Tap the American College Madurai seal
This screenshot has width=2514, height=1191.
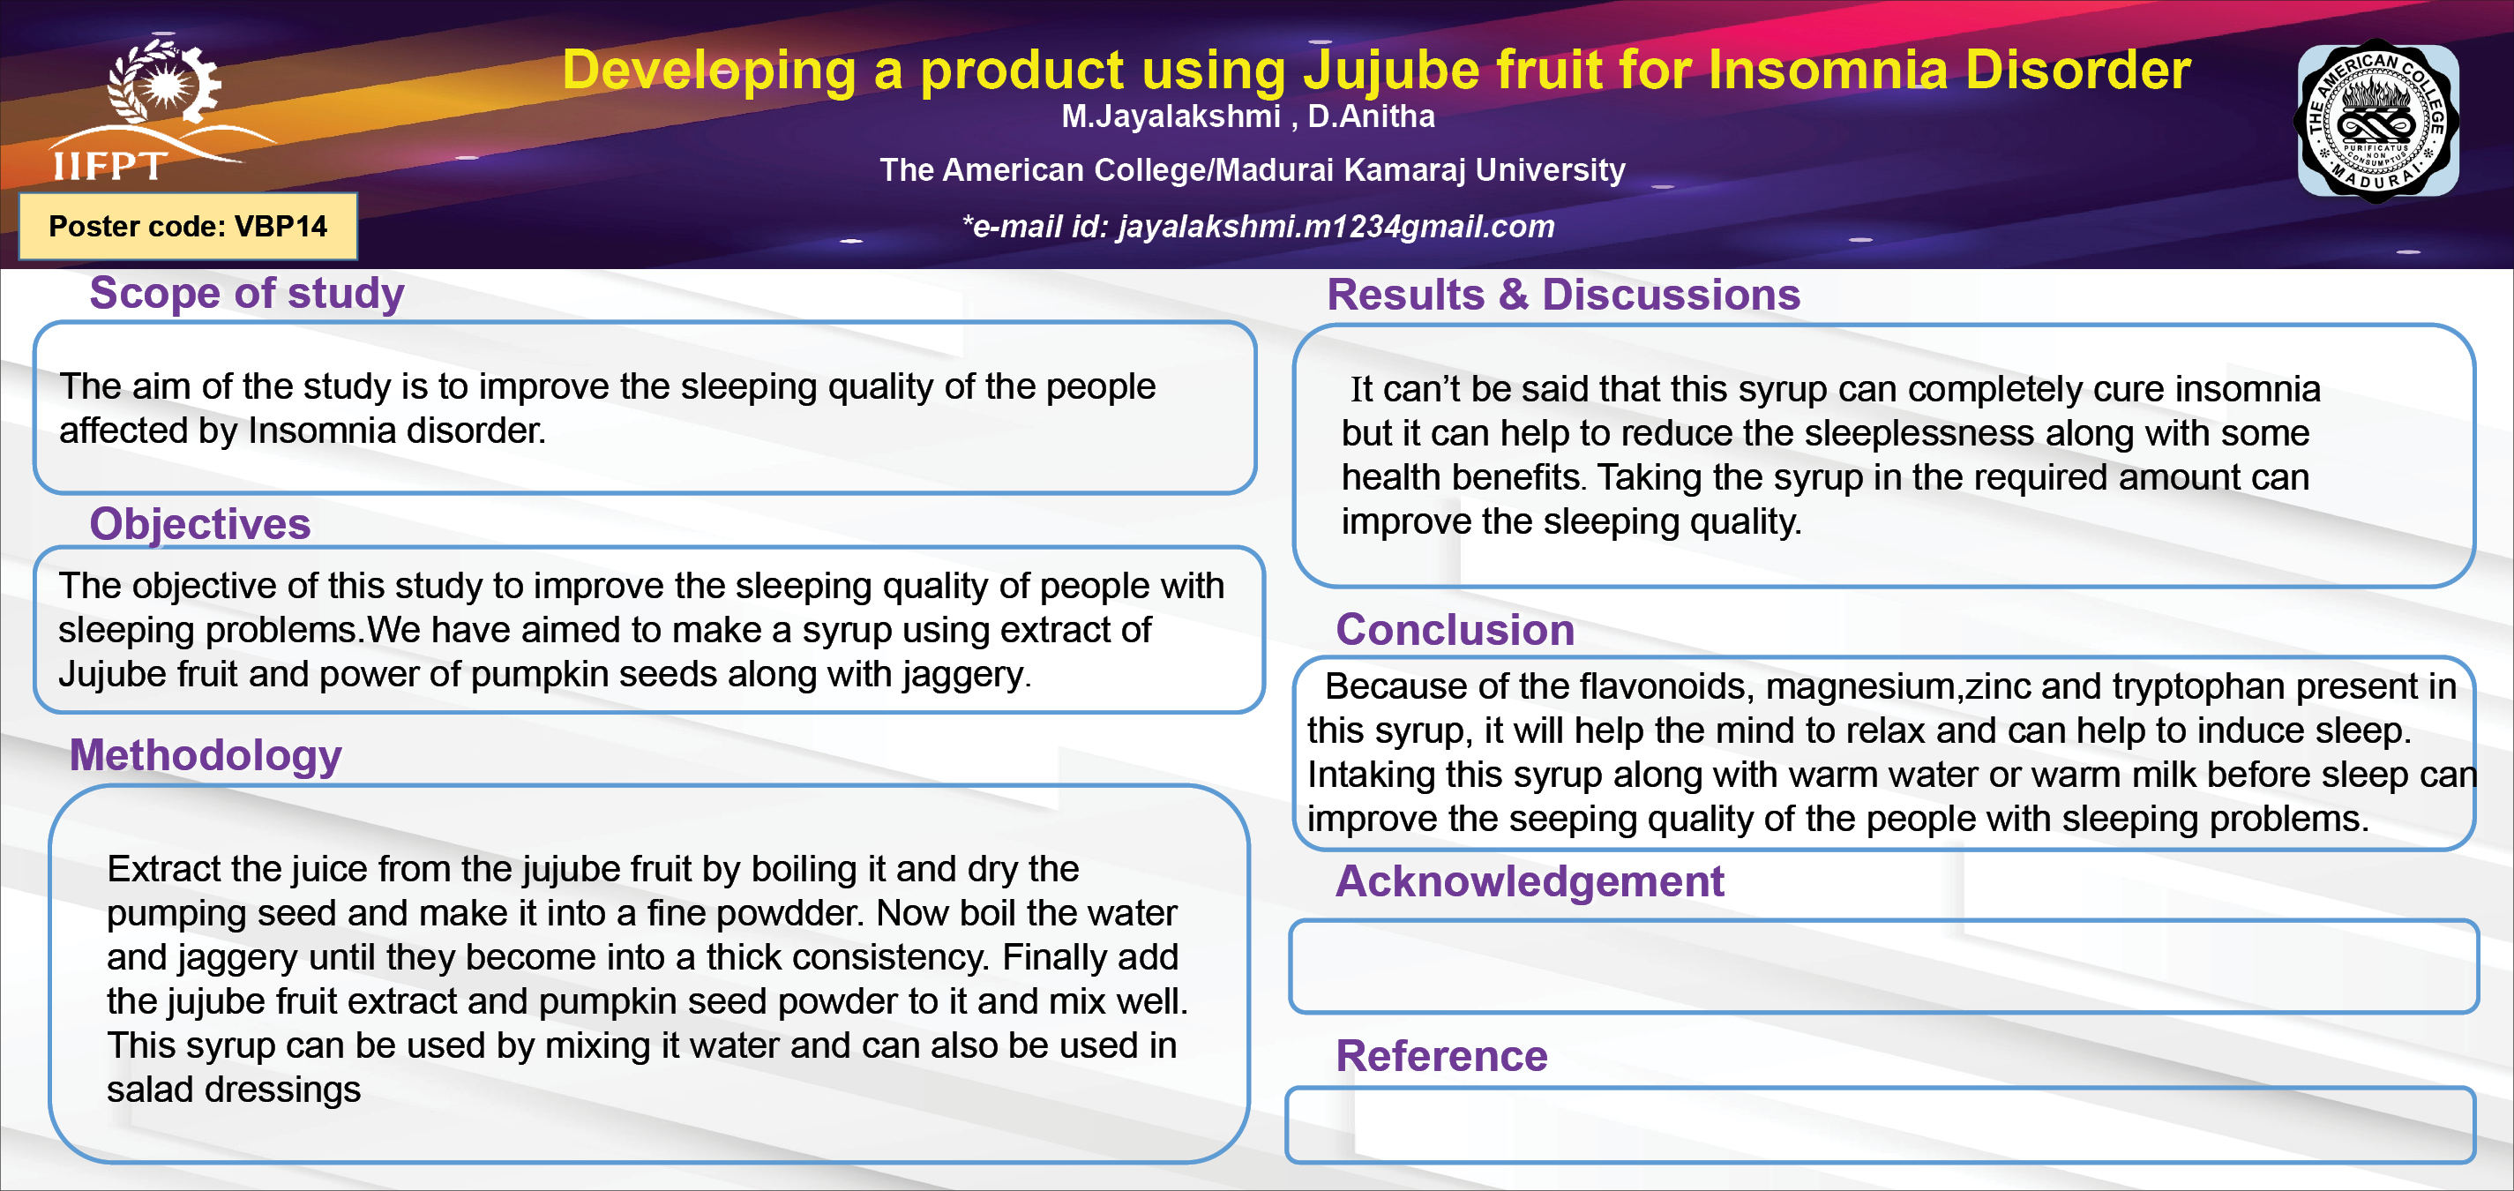click(2378, 121)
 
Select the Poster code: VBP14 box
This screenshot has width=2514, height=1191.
click(189, 227)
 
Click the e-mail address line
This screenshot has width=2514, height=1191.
click(1258, 227)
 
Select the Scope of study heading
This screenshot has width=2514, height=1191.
click(247, 293)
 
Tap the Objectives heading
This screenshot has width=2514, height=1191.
click(200, 524)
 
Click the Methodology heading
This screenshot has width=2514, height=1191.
click(206, 755)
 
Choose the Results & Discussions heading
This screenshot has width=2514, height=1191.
click(1563, 295)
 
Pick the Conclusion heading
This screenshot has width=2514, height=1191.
click(1455, 630)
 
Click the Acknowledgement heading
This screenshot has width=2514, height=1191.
click(1530, 881)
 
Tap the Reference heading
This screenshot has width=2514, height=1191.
click(1441, 1056)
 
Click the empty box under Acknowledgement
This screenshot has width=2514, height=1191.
click(1883, 966)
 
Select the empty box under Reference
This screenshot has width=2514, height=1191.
click(1881, 1125)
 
